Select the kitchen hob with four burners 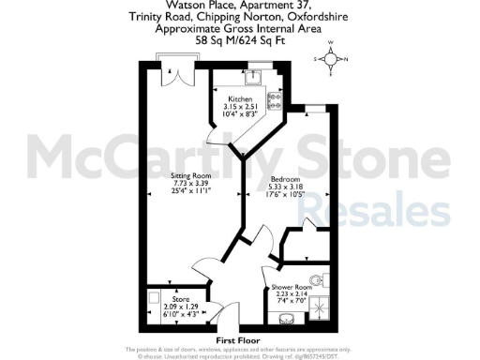277,97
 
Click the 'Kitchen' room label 239,98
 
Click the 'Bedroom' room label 285,179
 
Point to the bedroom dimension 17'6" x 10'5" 285,194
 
